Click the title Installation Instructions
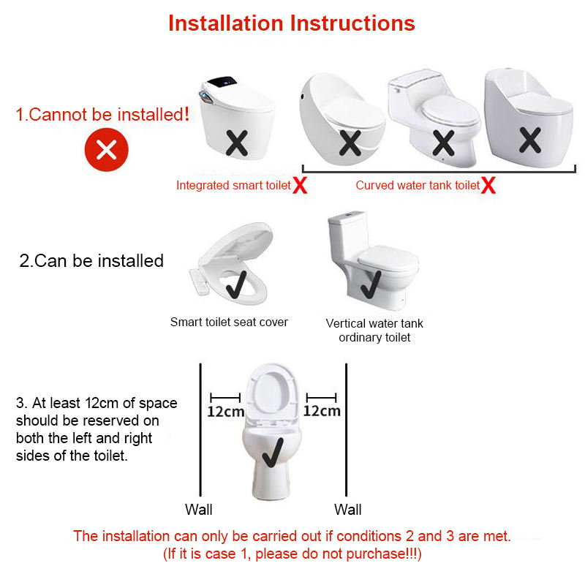291,23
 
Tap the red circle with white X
106,150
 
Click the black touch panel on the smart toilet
222,82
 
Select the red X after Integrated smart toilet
300,185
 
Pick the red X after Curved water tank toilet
488,185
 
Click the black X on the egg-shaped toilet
350,143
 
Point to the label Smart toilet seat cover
229,322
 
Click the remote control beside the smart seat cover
198,282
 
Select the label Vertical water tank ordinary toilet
374,331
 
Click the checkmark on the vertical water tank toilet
371,284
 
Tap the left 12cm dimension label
226,412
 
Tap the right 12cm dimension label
322,411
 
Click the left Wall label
198,509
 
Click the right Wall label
348,509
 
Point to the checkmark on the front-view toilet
273,452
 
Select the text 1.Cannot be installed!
102,114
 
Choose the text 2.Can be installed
91,260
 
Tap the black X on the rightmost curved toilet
529,140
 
